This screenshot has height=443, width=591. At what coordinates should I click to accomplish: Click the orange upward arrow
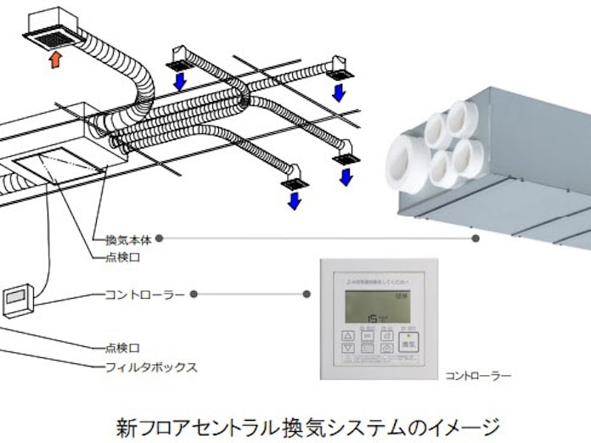[x=56, y=59]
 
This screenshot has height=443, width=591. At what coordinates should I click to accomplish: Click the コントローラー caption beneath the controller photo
[x=478, y=373]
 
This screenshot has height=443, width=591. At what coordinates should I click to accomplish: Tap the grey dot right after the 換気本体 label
[x=160, y=238]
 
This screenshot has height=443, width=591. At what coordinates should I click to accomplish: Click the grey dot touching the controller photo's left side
[x=307, y=294]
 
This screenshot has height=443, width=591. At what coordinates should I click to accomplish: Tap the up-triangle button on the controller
[x=347, y=335]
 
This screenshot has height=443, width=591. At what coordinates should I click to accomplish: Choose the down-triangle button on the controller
[x=347, y=348]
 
